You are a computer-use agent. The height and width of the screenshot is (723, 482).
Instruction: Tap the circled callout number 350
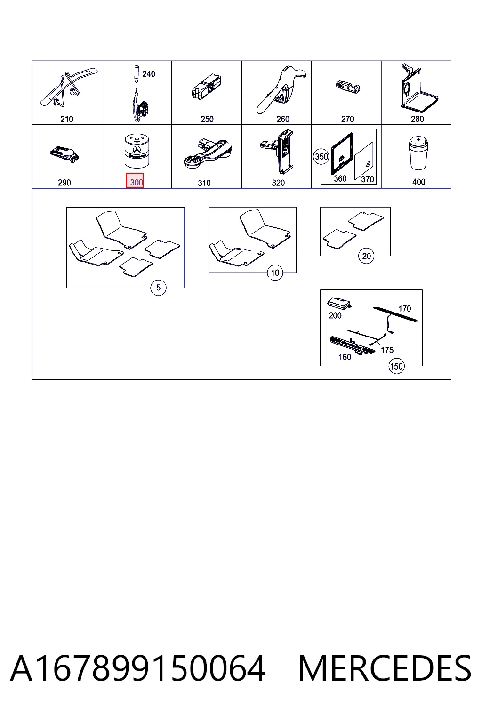coord(321,157)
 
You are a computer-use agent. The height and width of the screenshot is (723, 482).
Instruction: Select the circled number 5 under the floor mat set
coord(158,288)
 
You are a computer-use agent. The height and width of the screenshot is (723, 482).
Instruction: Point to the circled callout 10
coord(275,273)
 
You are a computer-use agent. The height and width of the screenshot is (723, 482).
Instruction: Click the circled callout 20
coord(366,256)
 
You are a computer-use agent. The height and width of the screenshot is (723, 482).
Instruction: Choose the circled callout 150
coord(396,366)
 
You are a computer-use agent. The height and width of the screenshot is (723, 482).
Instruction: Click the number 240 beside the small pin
coord(149,74)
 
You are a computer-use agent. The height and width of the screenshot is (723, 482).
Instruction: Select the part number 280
coord(417,119)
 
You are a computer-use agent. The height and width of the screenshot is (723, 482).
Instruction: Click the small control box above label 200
coord(339,304)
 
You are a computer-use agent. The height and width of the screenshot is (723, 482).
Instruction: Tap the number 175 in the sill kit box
coord(387,350)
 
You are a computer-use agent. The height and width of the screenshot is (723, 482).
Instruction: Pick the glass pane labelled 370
coord(364,161)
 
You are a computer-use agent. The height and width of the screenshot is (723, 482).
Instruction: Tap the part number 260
coord(283,119)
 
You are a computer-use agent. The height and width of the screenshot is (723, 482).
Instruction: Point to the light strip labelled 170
coord(395,314)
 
